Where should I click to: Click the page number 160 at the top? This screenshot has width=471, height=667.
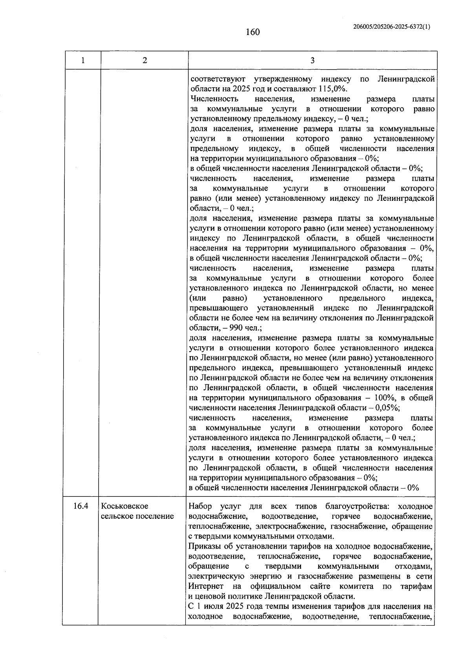(253, 32)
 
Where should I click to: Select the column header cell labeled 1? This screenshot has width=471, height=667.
(82, 60)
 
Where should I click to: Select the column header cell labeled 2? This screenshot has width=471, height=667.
(145, 60)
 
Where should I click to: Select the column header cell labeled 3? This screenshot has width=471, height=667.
(312, 60)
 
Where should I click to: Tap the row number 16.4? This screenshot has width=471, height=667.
(80, 506)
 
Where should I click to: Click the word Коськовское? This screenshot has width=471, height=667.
(124, 506)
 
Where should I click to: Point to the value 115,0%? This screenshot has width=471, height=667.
(332, 89)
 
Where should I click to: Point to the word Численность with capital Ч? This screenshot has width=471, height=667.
(214, 99)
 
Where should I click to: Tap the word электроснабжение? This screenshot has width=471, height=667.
(294, 526)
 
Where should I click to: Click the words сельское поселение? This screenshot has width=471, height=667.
(137, 516)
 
